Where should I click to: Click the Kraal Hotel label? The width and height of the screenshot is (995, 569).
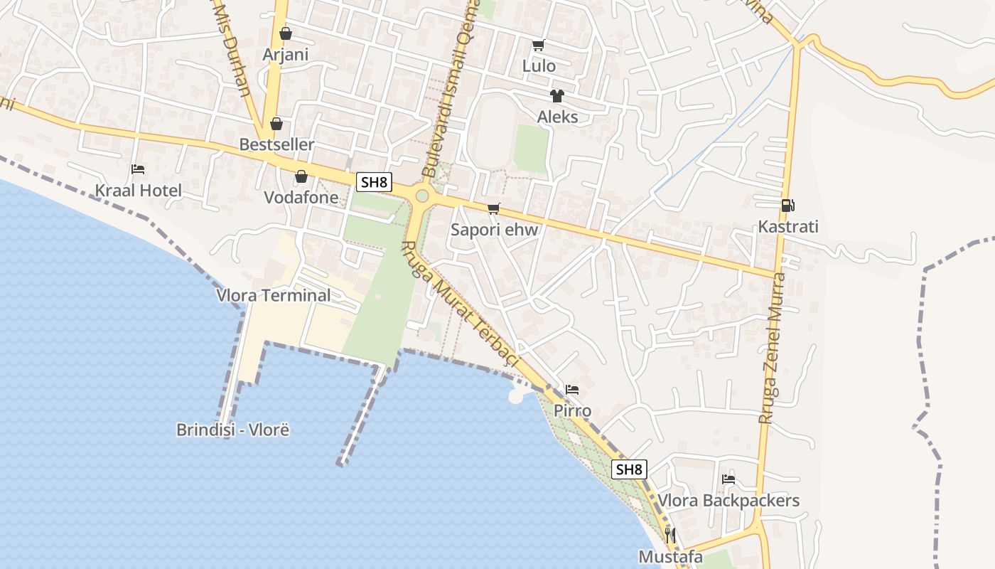(139, 191)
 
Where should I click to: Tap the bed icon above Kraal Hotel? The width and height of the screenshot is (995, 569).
(138, 169)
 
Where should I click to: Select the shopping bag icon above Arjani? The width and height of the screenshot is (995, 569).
(286, 33)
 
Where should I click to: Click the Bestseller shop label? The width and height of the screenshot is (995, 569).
(276, 144)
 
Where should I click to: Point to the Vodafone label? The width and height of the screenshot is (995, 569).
(301, 197)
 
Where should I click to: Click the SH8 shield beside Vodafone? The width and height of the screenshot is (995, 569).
(374, 182)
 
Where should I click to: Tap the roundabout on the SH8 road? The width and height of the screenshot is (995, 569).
(422, 196)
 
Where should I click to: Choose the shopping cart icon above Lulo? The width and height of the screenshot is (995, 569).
(538, 45)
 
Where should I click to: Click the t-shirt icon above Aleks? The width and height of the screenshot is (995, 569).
(556, 96)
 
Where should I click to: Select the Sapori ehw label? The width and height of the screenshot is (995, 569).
(495, 230)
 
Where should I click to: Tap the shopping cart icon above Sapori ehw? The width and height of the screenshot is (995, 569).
(494, 208)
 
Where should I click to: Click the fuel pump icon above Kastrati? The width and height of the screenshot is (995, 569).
(787, 206)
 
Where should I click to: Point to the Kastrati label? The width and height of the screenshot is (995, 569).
(788, 227)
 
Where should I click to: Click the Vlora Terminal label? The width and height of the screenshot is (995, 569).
(274, 295)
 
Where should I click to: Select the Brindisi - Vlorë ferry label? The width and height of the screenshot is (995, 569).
(233, 430)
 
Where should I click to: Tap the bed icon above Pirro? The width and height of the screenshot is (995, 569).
(572, 390)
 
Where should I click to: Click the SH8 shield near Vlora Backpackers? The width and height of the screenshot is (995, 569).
(629, 469)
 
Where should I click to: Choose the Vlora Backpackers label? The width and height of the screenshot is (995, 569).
(728, 501)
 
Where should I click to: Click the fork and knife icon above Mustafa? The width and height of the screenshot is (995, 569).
(670, 535)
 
